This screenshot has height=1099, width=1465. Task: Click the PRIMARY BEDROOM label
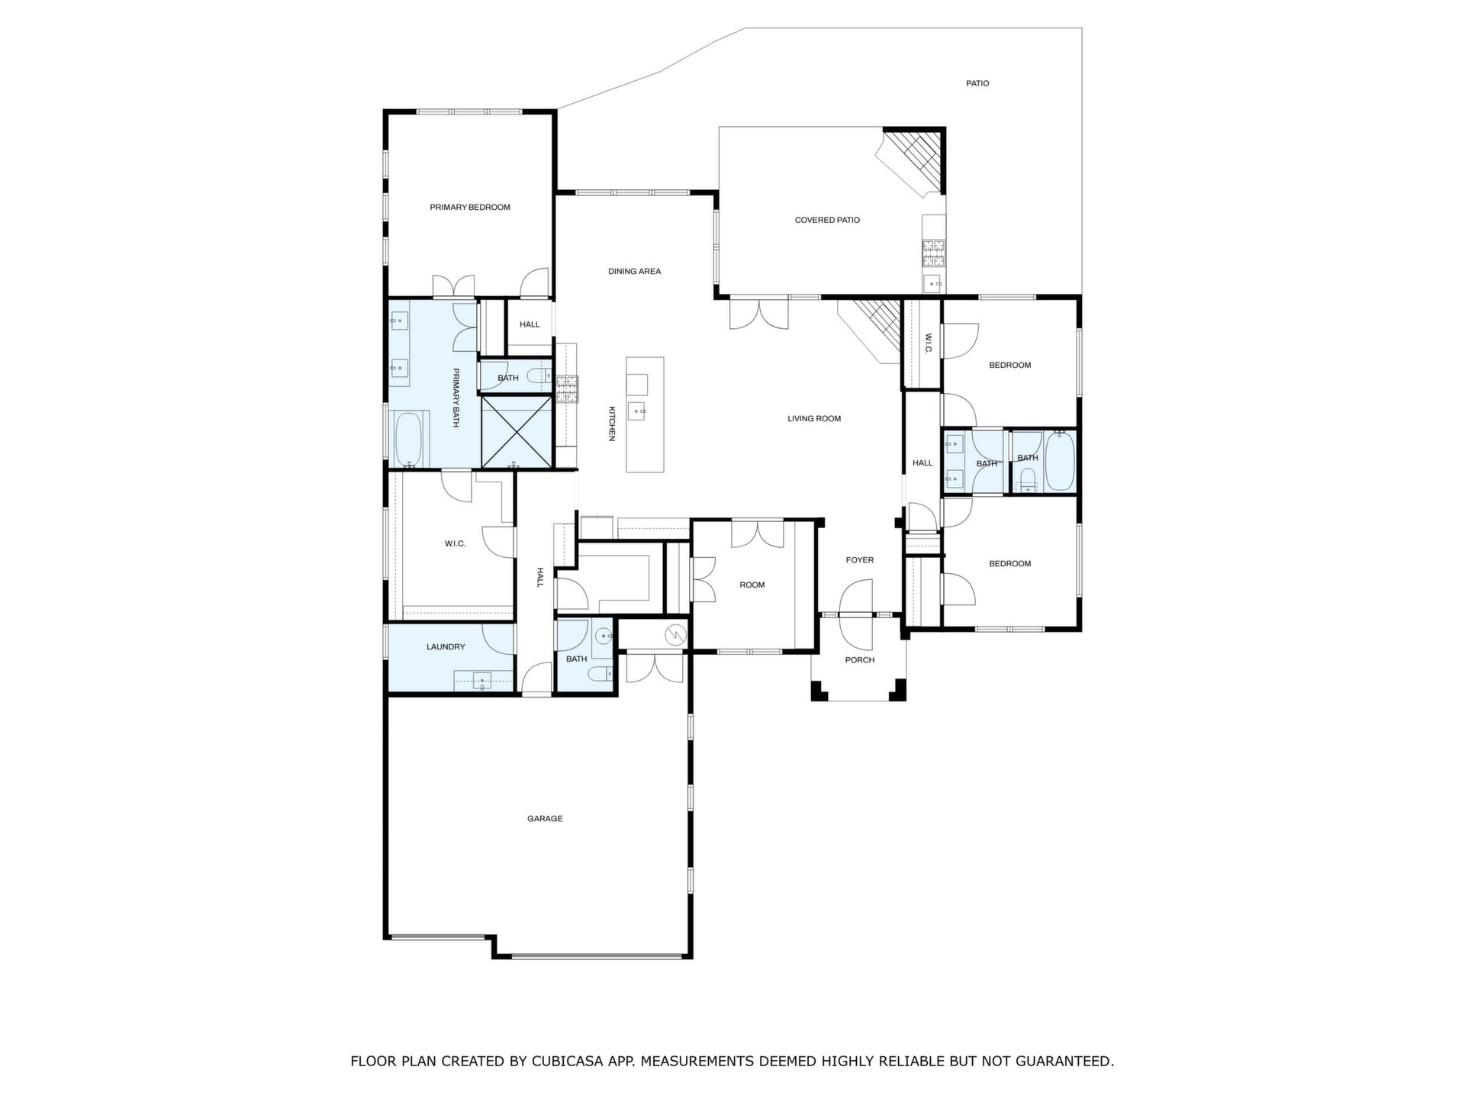pyautogui.click(x=470, y=208)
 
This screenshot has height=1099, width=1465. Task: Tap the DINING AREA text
pyautogui.click(x=634, y=272)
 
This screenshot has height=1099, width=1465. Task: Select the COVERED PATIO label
pyautogui.click(x=827, y=221)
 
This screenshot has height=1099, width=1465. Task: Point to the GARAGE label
pyautogui.click(x=545, y=819)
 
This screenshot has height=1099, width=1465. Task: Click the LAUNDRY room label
pyautogui.click(x=446, y=647)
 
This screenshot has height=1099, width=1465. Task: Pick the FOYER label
pyautogui.click(x=860, y=560)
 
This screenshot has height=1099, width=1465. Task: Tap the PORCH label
pyautogui.click(x=860, y=660)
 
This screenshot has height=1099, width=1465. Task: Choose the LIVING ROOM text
pyautogui.click(x=814, y=419)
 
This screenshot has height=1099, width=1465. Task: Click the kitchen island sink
pyautogui.click(x=638, y=411)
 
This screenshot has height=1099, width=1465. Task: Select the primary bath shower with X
pyautogui.click(x=517, y=431)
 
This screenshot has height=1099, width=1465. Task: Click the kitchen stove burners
pyautogui.click(x=567, y=389)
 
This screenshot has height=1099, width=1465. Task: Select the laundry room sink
pyautogui.click(x=482, y=680)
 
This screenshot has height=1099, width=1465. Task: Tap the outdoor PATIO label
pyautogui.click(x=977, y=84)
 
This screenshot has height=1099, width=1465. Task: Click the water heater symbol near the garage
pyautogui.click(x=675, y=635)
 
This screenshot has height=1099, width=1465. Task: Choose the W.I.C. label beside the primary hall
pyautogui.click(x=455, y=544)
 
